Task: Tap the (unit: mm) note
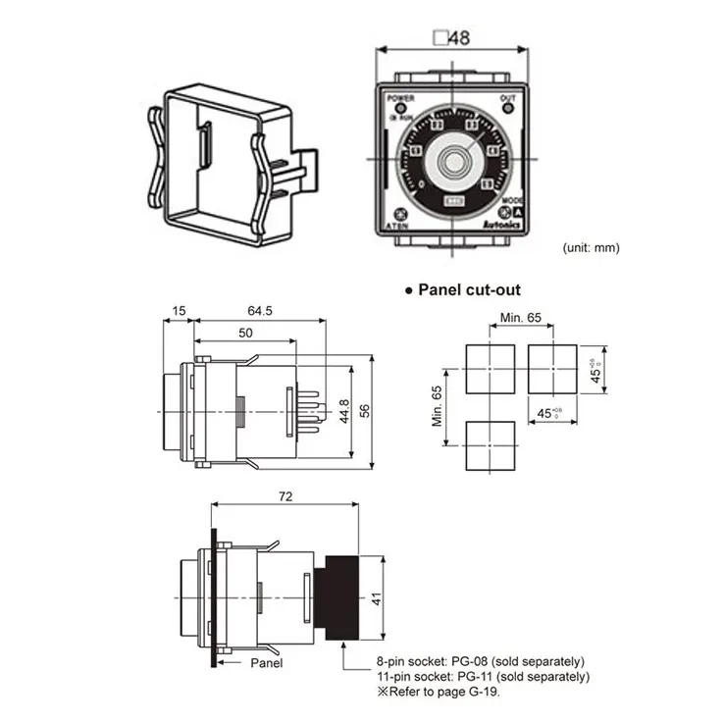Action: click(x=592, y=247)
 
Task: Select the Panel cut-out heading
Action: click(x=469, y=289)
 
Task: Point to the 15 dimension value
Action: click(x=178, y=311)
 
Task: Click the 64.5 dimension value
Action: click(x=259, y=311)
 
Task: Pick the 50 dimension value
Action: click(x=244, y=334)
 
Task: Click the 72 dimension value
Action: click(x=285, y=498)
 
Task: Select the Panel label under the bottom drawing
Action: click(x=266, y=663)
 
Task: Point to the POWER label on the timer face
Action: click(x=401, y=99)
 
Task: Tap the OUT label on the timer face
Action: click(x=507, y=99)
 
